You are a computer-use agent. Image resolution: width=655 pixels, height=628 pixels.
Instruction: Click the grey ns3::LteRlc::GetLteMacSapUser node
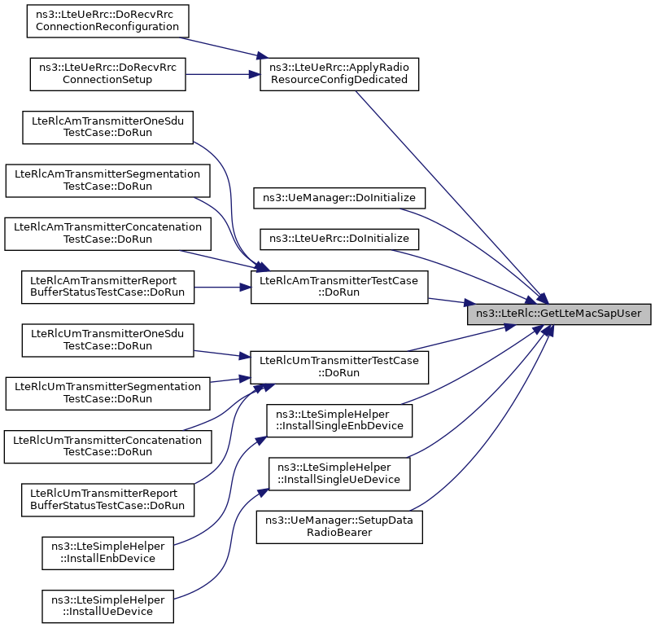pos(559,314)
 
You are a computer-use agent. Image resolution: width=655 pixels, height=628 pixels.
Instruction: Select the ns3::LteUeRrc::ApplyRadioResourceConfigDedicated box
pos(339,74)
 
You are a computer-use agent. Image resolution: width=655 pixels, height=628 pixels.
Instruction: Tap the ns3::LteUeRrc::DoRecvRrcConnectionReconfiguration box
pos(107,21)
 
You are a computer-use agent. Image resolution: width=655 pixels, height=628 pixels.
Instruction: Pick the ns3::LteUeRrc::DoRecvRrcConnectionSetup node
pos(107,74)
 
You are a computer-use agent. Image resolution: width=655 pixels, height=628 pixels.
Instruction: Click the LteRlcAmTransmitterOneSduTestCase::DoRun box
pos(107,127)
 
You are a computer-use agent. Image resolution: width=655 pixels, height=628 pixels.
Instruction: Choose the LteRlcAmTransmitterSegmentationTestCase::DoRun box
pos(107,180)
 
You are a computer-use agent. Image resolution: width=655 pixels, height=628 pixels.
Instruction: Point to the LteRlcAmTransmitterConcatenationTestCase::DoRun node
pos(107,234)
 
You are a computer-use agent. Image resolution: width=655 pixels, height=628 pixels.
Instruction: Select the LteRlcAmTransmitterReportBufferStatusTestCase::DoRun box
pos(107,287)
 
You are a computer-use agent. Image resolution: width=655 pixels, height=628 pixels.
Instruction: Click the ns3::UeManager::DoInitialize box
pos(339,198)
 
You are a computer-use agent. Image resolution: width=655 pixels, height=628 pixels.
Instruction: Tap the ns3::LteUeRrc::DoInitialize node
pos(339,239)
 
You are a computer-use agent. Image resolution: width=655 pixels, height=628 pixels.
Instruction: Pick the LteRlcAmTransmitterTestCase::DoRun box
pos(339,287)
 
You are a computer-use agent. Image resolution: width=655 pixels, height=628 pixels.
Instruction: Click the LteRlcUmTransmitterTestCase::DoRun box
pos(339,367)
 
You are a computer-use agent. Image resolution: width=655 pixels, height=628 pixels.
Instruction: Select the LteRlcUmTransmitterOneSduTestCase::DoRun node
pos(107,340)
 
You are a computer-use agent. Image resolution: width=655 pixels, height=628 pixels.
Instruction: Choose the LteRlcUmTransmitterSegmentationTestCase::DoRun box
pos(107,393)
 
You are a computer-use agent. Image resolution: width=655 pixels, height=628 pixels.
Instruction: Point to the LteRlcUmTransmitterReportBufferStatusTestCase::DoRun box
pos(107,499)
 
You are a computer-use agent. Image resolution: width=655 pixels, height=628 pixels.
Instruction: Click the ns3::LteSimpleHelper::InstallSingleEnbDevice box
pos(339,420)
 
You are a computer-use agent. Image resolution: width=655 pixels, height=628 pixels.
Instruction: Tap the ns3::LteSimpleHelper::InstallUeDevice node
pos(107,606)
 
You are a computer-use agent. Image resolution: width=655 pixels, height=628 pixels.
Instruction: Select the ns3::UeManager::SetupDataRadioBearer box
pos(339,527)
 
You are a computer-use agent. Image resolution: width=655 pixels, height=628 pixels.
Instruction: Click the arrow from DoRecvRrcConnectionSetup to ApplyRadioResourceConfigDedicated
pos(223,74)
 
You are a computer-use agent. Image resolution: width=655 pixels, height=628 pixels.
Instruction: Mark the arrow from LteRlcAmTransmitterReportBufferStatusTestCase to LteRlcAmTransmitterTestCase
pos(222,288)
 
